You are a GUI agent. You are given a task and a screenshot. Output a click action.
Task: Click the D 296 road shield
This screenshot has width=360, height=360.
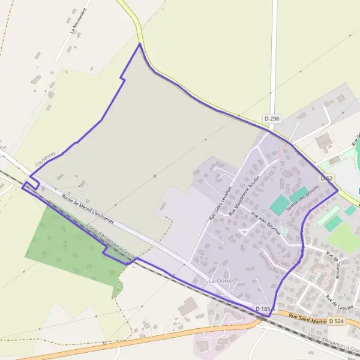pos(272,119)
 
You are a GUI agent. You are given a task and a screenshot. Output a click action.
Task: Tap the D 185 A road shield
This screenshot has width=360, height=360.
pos(265,309)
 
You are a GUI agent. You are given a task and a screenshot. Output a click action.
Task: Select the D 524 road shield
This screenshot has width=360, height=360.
pos(336,322)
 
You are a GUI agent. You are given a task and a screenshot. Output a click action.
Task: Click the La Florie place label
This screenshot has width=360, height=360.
pos(220,281)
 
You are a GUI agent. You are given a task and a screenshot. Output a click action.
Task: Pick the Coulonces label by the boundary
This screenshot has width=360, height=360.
pos(46,158)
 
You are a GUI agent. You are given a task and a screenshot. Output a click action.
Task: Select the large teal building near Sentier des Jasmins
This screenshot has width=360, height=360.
pos(280,205)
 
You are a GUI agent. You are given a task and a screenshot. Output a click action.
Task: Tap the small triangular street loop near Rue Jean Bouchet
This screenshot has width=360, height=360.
pos(244,231)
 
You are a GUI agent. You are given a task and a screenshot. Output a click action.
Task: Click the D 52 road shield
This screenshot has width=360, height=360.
pos(326,178)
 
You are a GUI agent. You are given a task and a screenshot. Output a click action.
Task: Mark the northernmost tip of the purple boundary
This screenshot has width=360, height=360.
pos(140,44)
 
